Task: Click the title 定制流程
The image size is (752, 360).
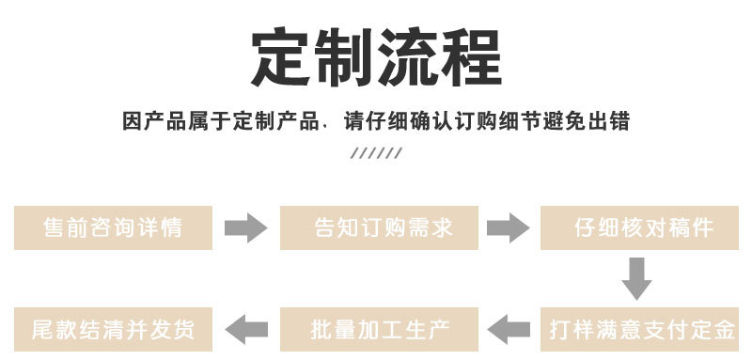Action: pyautogui.click(x=376, y=58)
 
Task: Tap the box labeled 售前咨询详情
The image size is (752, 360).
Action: pyautogui.click(x=113, y=227)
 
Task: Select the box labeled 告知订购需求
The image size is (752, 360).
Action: pyautogui.click(x=381, y=227)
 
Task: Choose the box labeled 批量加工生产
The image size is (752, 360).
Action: pyautogui.click(x=381, y=329)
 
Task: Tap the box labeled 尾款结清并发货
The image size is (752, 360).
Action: pyautogui.click(x=113, y=329)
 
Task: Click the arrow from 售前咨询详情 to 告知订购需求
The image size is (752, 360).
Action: pyautogui.click(x=246, y=227)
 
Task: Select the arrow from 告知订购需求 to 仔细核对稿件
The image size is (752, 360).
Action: pyautogui.click(x=508, y=227)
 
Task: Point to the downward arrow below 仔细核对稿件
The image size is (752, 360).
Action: pyautogui.click(x=636, y=278)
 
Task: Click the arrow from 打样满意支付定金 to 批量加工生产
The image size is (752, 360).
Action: pyautogui.click(x=509, y=329)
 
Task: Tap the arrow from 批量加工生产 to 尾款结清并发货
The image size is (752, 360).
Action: pyautogui.click(x=246, y=329)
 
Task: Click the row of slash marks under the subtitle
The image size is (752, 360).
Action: pyautogui.click(x=376, y=153)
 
